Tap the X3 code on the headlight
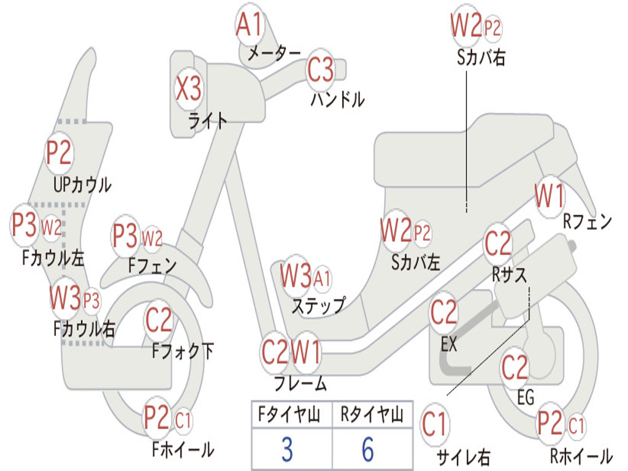[188, 90]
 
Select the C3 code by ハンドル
[320, 70]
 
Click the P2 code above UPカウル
[59, 153]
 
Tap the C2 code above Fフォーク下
[159, 320]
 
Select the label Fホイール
[183, 450]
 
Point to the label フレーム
[300, 385]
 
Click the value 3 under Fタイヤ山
[287, 450]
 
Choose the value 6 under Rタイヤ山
[368, 450]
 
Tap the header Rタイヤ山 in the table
[372, 416]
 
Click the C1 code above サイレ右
[434, 424]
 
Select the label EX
[450, 344]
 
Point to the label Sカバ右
[481, 57]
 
